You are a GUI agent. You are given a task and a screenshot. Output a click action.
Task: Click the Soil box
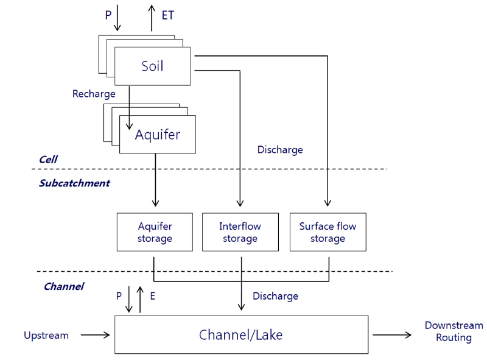[152, 66]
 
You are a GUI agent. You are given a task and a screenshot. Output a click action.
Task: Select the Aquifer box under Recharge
[158, 134]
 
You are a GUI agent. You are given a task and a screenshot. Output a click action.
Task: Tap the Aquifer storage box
[155, 232]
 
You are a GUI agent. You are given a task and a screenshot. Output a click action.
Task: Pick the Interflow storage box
[240, 232]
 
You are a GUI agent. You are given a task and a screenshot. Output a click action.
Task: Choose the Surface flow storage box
[328, 232]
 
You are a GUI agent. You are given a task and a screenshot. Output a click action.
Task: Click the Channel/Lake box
[241, 334]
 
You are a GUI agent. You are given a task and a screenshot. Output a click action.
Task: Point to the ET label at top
[168, 15]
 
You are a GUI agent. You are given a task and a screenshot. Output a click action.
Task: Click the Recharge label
[94, 94]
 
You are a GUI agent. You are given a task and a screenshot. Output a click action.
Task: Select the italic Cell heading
[48, 160]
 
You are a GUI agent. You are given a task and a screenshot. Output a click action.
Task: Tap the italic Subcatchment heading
[74, 183]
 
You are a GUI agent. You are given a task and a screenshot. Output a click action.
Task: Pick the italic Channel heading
[63, 286]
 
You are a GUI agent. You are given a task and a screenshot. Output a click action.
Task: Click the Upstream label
[46, 335]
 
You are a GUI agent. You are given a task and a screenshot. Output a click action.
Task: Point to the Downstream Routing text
[454, 331]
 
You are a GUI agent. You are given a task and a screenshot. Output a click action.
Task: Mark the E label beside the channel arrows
[152, 297]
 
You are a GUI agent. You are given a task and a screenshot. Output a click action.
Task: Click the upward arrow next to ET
[152, 16]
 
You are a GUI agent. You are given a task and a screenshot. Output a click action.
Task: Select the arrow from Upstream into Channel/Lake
[95, 334]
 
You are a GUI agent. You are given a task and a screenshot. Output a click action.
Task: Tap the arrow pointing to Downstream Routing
[392, 334]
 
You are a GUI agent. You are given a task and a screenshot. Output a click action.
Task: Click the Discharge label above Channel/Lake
[275, 296]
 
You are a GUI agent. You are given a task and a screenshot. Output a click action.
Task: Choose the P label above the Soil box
[108, 15]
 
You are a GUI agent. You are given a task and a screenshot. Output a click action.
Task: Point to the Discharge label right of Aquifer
[280, 149]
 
